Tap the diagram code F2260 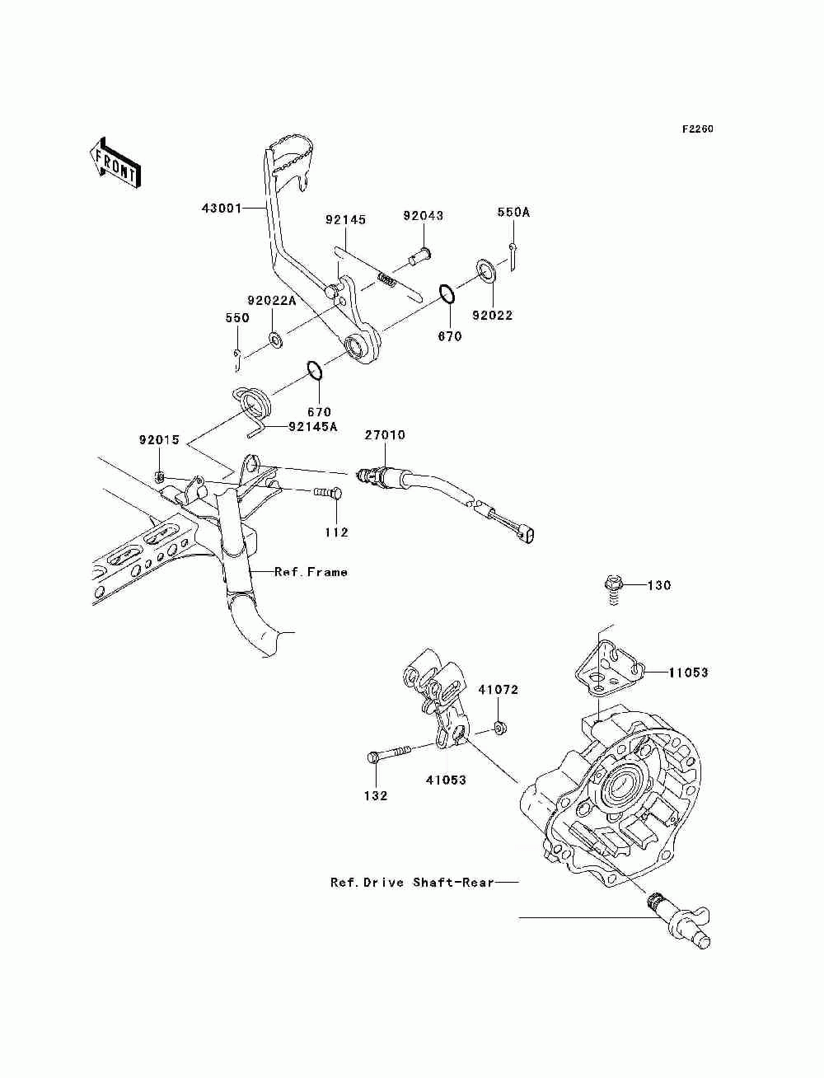click(697, 129)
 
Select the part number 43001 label click(222, 209)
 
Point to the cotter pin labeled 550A click(513, 257)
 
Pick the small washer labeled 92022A click(275, 340)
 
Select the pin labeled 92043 click(420, 257)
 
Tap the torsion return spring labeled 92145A click(253, 409)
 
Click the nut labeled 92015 click(160, 476)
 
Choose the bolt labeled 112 click(327, 491)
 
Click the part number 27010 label click(385, 435)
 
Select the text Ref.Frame click(311, 572)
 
